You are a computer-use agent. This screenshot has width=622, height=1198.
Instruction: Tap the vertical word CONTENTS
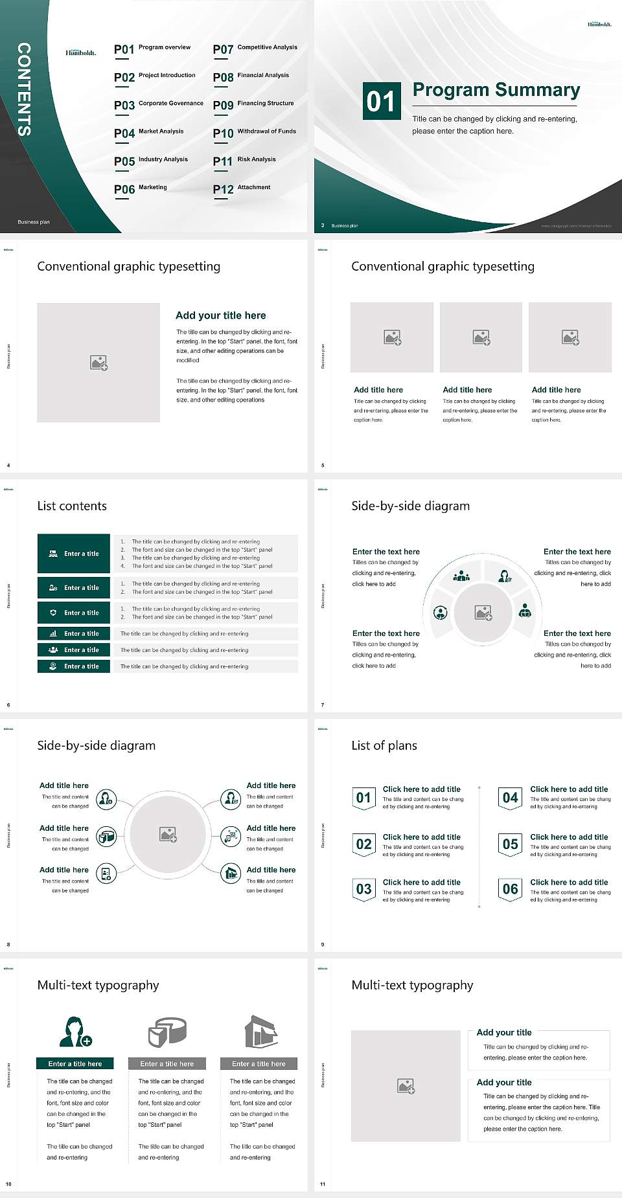point(23,89)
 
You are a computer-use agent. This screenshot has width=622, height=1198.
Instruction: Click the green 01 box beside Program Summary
point(381,101)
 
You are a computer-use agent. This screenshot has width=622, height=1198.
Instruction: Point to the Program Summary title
point(496,90)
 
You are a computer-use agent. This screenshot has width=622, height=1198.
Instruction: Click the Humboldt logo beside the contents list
point(80,52)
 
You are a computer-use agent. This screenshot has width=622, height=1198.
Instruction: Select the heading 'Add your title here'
point(220,315)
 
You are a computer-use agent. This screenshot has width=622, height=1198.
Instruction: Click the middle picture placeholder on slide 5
point(481,337)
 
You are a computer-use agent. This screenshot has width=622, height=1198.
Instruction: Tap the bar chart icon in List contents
point(53,633)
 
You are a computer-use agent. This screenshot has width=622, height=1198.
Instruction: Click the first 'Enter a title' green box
point(74,554)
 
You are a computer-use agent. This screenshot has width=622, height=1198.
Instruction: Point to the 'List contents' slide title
point(72,506)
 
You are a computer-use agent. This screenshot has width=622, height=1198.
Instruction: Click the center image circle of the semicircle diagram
point(483,612)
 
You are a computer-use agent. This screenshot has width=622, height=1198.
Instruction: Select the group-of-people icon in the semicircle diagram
point(461,575)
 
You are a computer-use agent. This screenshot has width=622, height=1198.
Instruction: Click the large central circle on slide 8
point(168,834)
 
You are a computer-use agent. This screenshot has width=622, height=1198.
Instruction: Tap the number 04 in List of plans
point(511,798)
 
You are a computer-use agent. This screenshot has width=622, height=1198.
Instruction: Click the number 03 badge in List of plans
point(364,889)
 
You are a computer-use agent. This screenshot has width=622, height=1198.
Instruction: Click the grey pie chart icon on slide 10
point(167,1031)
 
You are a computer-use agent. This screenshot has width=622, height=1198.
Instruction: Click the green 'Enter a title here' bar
point(75,1063)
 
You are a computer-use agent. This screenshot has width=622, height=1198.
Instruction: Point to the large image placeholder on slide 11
point(406,1085)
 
